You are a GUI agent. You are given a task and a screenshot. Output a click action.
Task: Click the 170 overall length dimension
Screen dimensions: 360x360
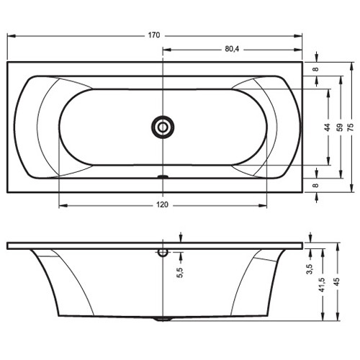point(154,35)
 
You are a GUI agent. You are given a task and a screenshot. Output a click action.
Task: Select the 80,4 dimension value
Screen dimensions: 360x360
point(232,49)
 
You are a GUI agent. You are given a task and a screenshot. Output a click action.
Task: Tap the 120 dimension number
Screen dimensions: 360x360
point(162,204)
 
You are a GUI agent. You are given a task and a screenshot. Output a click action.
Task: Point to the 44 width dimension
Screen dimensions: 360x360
point(328,127)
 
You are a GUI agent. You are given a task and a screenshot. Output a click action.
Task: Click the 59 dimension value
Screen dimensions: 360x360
point(340,127)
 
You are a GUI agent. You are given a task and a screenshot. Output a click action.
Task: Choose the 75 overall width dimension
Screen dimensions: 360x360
point(351,127)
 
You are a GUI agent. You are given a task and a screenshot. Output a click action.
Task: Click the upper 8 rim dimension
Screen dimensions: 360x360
point(316,69)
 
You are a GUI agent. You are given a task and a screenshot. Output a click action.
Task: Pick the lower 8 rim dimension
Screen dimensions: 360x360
point(316,185)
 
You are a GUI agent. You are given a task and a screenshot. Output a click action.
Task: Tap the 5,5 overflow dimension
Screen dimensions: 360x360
point(180,273)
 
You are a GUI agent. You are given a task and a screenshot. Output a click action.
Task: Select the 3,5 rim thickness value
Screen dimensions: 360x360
point(310,269)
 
